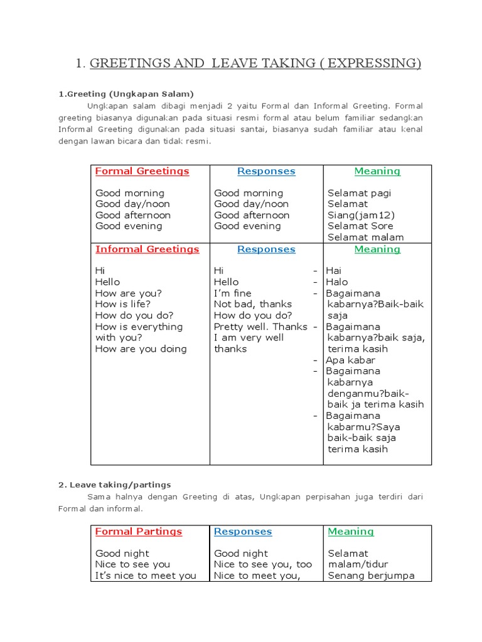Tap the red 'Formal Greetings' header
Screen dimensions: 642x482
pyautogui.click(x=142, y=171)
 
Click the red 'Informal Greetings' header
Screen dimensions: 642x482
pyautogui.click(x=147, y=249)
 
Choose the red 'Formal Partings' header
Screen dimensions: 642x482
pyautogui.click(x=138, y=531)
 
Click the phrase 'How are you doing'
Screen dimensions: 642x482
pyautogui.click(x=141, y=349)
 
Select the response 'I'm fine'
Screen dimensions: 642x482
pyautogui.click(x=232, y=293)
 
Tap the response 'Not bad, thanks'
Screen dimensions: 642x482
pyautogui.click(x=253, y=304)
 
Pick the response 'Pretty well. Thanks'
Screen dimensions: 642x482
pyautogui.click(x=260, y=327)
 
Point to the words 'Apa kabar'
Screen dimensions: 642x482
pyautogui.click(x=350, y=360)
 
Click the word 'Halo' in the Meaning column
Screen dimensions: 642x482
pyautogui.click(x=336, y=282)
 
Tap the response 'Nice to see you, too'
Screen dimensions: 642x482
pyautogui.click(x=262, y=564)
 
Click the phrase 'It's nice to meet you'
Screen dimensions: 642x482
pyautogui.click(x=146, y=576)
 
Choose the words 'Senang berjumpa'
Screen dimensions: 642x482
pyautogui.click(x=371, y=576)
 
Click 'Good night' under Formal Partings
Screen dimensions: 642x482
pyautogui.click(x=122, y=553)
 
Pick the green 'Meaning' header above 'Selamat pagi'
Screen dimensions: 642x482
pyautogui.click(x=377, y=171)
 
